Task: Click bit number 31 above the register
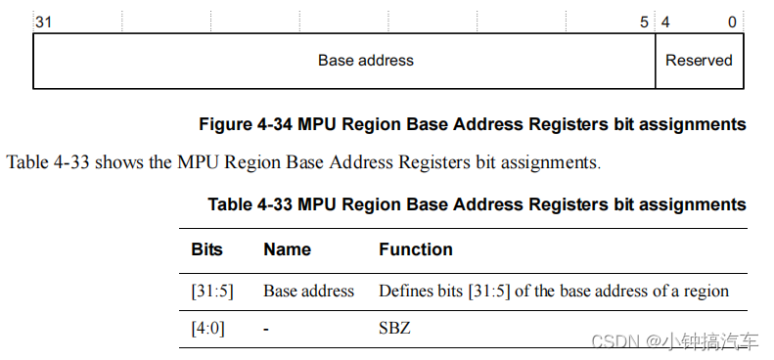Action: point(43,22)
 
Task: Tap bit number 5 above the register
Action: point(644,22)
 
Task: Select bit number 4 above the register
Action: point(665,22)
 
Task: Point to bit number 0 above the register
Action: point(732,22)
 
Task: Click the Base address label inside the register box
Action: point(366,61)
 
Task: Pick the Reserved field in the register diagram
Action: point(699,61)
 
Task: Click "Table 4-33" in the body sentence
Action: point(49,162)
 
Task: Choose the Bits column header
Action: point(207,249)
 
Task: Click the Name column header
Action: point(286,249)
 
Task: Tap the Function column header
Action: point(416,249)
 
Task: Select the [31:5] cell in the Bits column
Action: point(213,291)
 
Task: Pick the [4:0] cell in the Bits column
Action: point(208,329)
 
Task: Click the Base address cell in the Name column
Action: point(308,291)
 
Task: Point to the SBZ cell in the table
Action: point(394,329)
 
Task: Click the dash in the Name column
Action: point(266,329)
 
